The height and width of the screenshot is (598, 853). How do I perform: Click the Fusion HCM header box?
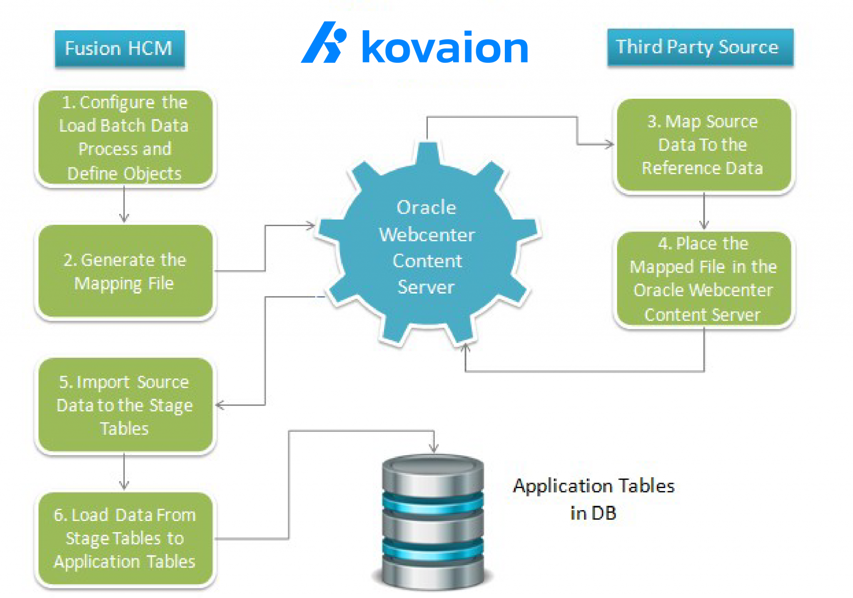coord(120,48)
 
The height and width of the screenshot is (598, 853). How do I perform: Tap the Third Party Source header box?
coord(700,47)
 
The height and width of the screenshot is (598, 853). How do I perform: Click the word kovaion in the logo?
coord(445,47)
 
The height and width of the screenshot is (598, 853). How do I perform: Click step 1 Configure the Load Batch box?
coord(125,138)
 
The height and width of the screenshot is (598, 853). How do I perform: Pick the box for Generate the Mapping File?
coord(125,272)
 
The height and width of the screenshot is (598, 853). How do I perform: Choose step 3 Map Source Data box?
coord(703,145)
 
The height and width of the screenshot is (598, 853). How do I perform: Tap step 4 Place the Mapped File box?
coord(703,279)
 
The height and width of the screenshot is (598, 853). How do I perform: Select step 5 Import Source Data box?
coord(125,405)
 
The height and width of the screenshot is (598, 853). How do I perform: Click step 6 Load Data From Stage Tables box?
coord(125,538)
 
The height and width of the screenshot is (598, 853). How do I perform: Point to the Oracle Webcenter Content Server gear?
coord(427,246)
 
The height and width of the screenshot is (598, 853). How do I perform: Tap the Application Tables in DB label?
coord(594,499)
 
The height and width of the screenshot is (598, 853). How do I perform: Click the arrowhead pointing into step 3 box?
coord(610,145)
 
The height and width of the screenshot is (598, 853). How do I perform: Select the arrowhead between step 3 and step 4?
coord(704,225)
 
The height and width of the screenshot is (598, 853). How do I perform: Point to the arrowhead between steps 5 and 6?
coord(124,485)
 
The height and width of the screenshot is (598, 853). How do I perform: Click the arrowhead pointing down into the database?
coord(434,448)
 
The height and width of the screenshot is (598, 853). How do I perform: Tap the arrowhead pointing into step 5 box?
coord(220,405)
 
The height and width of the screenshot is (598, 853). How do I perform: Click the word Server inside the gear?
coord(426,287)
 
